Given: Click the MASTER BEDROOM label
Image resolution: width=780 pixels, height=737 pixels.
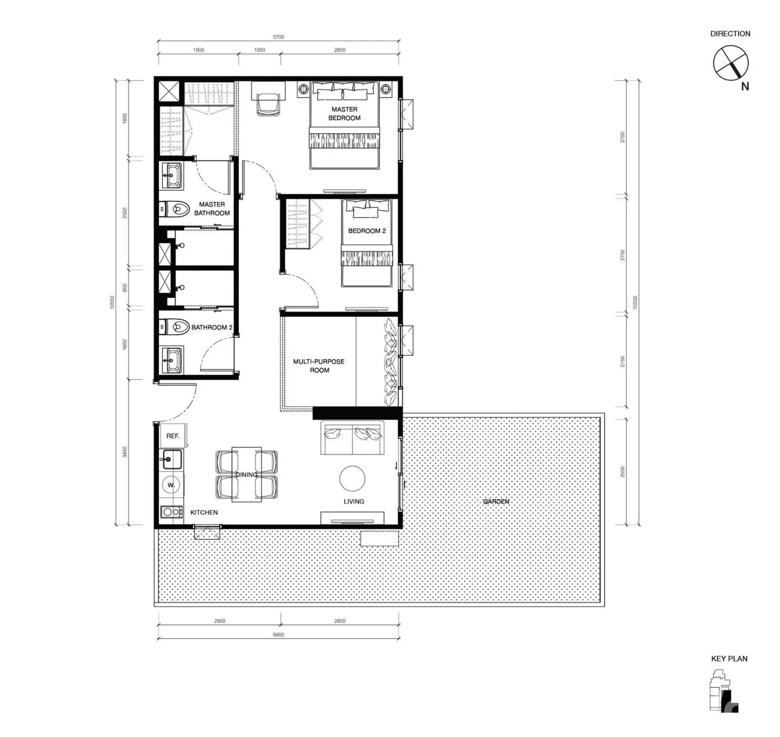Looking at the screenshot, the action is [x=344, y=114].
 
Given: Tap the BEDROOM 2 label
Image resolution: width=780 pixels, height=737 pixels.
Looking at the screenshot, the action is [x=367, y=231].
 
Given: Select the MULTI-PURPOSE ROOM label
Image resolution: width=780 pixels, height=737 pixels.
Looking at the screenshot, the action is [x=319, y=366].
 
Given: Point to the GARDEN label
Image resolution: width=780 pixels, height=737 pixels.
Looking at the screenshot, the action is [x=496, y=501].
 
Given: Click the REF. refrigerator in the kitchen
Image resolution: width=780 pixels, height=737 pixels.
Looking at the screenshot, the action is [x=173, y=436].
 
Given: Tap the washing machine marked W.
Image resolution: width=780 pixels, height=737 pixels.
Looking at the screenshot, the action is [x=171, y=485].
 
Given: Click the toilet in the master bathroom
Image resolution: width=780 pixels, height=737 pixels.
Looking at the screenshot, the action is [x=175, y=210].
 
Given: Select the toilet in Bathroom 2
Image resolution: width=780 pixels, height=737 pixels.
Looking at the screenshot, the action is [x=175, y=326].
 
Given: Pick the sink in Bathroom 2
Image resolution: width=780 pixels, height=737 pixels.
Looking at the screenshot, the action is [x=172, y=360].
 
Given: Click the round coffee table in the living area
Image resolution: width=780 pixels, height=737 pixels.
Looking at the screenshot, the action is [x=352, y=479].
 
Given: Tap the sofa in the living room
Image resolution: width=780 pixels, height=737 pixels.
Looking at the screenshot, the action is [x=352, y=438].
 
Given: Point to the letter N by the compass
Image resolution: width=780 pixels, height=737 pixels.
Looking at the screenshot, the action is [x=745, y=87].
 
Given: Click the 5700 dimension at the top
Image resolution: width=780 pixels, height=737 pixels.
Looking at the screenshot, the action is [x=278, y=37].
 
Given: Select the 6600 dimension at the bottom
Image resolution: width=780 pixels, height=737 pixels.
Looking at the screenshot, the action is [x=278, y=635].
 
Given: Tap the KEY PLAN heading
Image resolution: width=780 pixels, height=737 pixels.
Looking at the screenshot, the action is [x=729, y=659].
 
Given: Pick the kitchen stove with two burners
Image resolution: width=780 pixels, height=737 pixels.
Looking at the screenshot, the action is [x=172, y=512].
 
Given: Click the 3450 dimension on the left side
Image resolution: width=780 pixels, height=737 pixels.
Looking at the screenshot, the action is [x=125, y=452].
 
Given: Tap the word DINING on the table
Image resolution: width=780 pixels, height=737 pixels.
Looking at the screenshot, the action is [x=247, y=474].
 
